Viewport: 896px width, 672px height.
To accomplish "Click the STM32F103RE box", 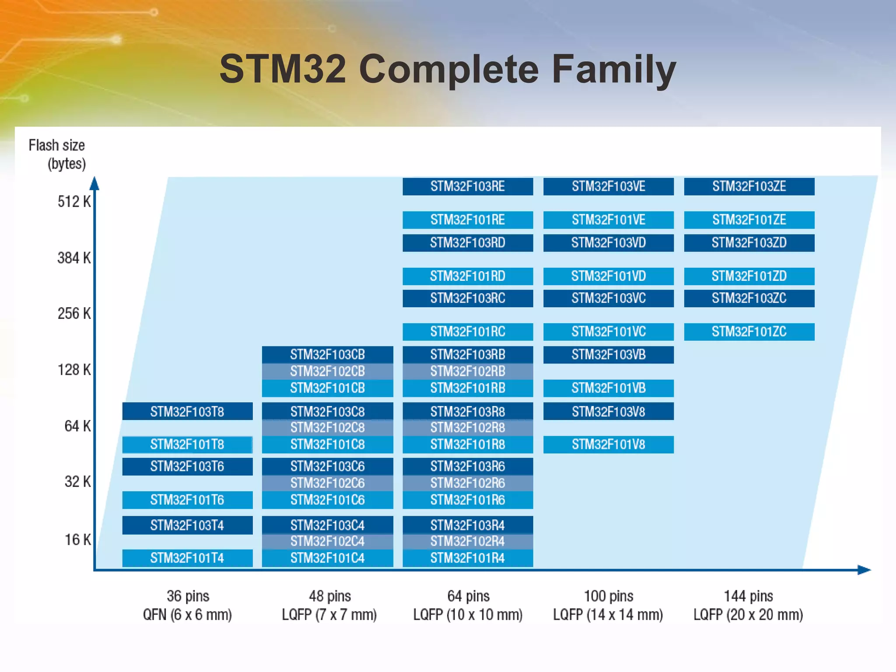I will tap(468, 186).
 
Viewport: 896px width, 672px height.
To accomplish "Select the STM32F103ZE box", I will tap(749, 186).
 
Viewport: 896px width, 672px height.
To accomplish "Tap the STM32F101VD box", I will tap(608, 276).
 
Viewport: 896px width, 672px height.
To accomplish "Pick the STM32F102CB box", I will tap(327, 371).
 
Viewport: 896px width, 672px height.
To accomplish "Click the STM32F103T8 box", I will tap(187, 412).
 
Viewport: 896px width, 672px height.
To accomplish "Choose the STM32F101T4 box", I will tap(187, 558).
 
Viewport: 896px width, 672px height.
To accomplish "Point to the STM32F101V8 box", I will tap(608, 444).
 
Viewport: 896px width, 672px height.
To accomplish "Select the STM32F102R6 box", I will tap(468, 483).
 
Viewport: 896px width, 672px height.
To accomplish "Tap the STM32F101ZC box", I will tap(749, 332).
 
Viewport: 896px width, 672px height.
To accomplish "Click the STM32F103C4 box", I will tap(327, 525).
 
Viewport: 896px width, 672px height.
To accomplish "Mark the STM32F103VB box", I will tap(608, 354).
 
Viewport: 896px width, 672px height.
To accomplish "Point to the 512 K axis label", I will tap(74, 202).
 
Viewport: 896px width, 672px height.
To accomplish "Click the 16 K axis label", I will tap(77, 539).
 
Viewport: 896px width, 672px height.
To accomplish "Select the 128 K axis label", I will tap(74, 370).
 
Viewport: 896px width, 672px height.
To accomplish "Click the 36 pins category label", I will tap(188, 596).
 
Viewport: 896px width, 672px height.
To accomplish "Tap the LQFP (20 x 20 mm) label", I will tap(748, 615).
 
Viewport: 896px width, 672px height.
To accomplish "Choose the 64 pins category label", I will tap(468, 596).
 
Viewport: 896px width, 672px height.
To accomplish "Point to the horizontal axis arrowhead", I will tap(864, 570).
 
